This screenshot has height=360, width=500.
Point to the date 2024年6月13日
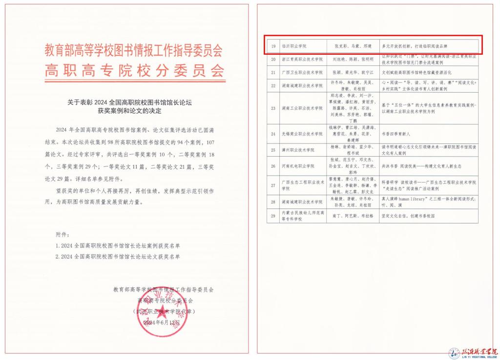click(162, 323)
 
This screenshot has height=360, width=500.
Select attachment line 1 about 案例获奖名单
click(118, 245)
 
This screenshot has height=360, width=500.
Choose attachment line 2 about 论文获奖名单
click(118, 256)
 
